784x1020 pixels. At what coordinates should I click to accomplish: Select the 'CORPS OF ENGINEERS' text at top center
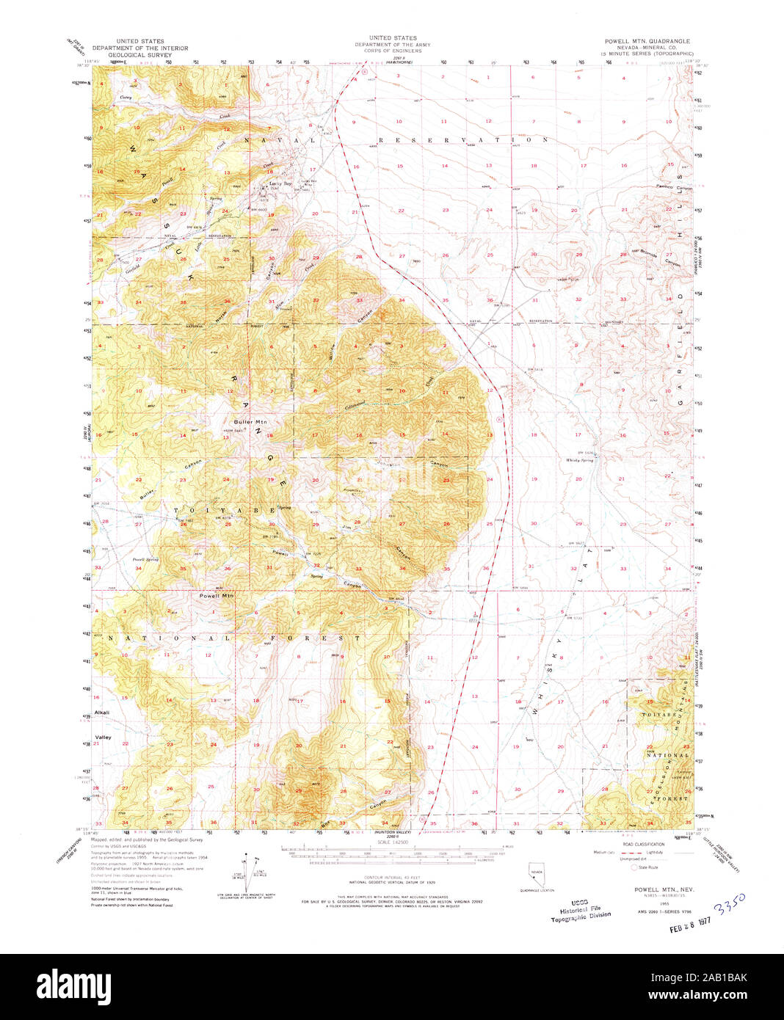coord(393,50)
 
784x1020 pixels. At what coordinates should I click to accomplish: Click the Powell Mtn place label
coord(217,596)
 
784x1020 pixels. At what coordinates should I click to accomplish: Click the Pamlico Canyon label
coord(675,187)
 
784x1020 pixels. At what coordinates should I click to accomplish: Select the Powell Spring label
coord(145,560)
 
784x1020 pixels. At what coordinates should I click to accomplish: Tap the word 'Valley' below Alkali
coord(102,737)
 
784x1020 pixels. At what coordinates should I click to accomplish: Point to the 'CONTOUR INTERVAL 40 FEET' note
coord(392,880)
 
